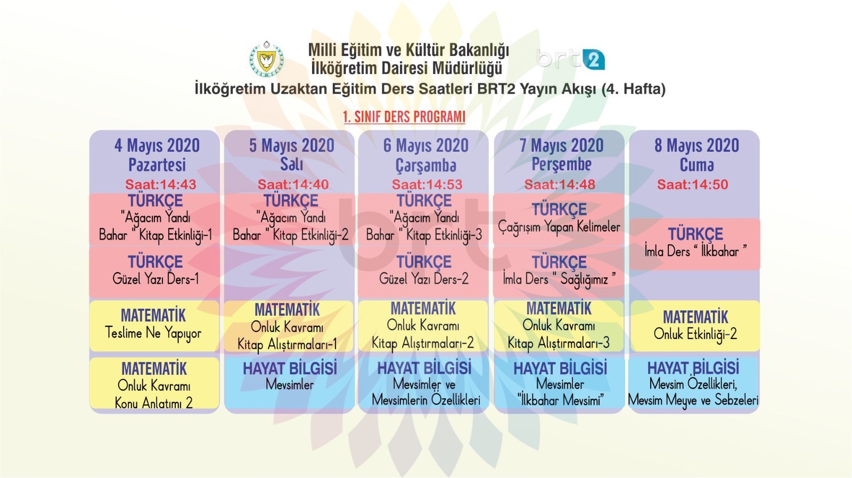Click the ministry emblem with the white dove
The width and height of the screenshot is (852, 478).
click(266, 59)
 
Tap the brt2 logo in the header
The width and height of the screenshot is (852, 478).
click(570, 59)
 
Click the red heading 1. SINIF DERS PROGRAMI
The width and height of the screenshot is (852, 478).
click(404, 117)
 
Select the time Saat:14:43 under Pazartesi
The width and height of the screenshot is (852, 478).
click(161, 184)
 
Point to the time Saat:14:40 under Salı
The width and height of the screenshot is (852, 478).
click(293, 184)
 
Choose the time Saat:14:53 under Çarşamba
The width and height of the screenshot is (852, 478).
click(427, 184)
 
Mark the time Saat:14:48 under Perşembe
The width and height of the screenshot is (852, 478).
click(560, 184)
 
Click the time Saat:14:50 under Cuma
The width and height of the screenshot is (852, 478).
click(693, 184)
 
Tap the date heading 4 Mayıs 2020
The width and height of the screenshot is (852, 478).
click(157, 145)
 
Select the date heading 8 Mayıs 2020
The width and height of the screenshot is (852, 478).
click(697, 145)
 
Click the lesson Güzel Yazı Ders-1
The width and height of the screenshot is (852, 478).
click(155, 279)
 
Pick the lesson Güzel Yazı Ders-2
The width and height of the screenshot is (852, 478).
click(424, 279)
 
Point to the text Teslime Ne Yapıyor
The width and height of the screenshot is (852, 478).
click(153, 334)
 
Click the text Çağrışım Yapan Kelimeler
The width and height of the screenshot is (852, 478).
click(559, 227)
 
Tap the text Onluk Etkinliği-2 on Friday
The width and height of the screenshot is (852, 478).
click(695, 334)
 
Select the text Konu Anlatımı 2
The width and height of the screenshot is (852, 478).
click(154, 403)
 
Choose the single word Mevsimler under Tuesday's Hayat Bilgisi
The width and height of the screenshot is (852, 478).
click(290, 384)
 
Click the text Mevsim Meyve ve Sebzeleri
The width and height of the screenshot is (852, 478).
click(693, 400)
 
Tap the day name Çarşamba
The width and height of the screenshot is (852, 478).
click(425, 166)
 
